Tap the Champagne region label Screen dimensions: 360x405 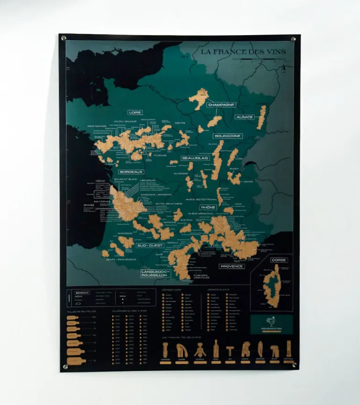click(221, 105)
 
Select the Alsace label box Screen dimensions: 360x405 click(245, 117)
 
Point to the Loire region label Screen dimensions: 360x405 click(135, 113)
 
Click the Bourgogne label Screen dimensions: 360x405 click(228, 136)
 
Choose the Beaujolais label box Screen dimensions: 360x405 click(195, 158)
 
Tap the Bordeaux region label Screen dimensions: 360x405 click(131, 171)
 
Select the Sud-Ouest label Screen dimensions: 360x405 click(149, 245)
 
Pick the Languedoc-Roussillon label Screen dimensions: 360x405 click(156, 273)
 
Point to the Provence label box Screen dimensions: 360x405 click(232, 266)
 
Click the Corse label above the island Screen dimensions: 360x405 click(278, 260)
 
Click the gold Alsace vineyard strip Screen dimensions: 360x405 click(261, 117)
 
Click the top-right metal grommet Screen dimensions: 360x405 click(293, 39)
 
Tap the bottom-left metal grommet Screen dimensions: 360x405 click(65, 366)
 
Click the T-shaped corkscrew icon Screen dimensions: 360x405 click(230, 350)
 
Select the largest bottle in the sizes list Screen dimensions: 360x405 click(75, 361)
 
